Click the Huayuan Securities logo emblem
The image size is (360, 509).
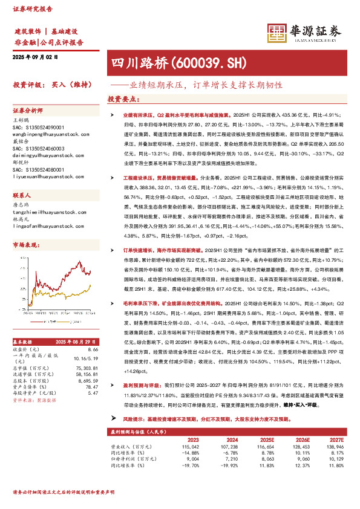tap(277, 32)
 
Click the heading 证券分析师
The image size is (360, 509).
tap(28, 111)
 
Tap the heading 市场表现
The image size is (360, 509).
tap(25, 244)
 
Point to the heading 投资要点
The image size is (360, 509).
tap(123, 99)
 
